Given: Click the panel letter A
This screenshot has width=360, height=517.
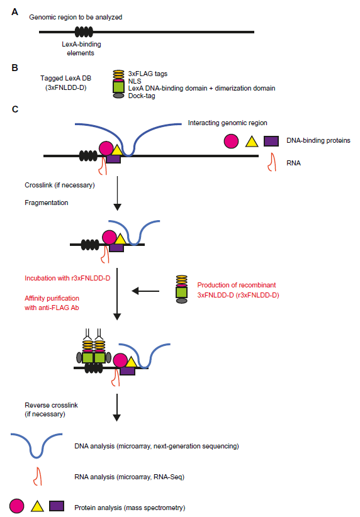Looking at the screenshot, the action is point(15,12).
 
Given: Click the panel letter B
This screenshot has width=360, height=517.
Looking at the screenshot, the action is point(15,67).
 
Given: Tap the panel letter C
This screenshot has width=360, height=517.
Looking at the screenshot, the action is point(15,109).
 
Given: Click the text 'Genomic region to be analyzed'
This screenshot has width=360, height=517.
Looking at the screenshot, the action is point(76,17).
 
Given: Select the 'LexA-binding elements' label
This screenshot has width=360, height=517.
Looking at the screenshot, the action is point(81,48).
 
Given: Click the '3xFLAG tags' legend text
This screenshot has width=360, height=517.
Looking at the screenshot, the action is point(147,74).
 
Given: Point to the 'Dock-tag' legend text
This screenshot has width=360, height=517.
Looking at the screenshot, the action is point(142,96).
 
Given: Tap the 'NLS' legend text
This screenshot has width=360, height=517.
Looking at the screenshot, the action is point(135,81).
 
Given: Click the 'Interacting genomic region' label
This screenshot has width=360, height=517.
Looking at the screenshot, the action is point(227,123).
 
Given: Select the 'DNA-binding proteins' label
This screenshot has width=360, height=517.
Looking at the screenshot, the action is point(318,140).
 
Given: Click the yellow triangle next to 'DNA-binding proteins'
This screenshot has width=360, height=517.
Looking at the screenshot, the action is point(252,142).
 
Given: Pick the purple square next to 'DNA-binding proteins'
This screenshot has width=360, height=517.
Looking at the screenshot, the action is point(271,141).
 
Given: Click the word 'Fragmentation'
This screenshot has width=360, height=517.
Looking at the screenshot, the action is point(46,203).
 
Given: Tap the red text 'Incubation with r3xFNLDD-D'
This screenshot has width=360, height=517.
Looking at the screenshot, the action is point(67,278).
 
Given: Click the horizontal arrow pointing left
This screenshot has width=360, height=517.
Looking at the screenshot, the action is point(145,291).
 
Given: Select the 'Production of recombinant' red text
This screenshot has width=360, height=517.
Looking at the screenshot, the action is point(236,285).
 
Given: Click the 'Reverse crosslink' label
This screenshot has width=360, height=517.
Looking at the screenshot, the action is point(51,405).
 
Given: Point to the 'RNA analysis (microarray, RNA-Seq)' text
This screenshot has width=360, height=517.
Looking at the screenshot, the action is point(130,477).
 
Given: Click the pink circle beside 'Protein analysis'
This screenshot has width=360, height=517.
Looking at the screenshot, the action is point(17,506).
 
